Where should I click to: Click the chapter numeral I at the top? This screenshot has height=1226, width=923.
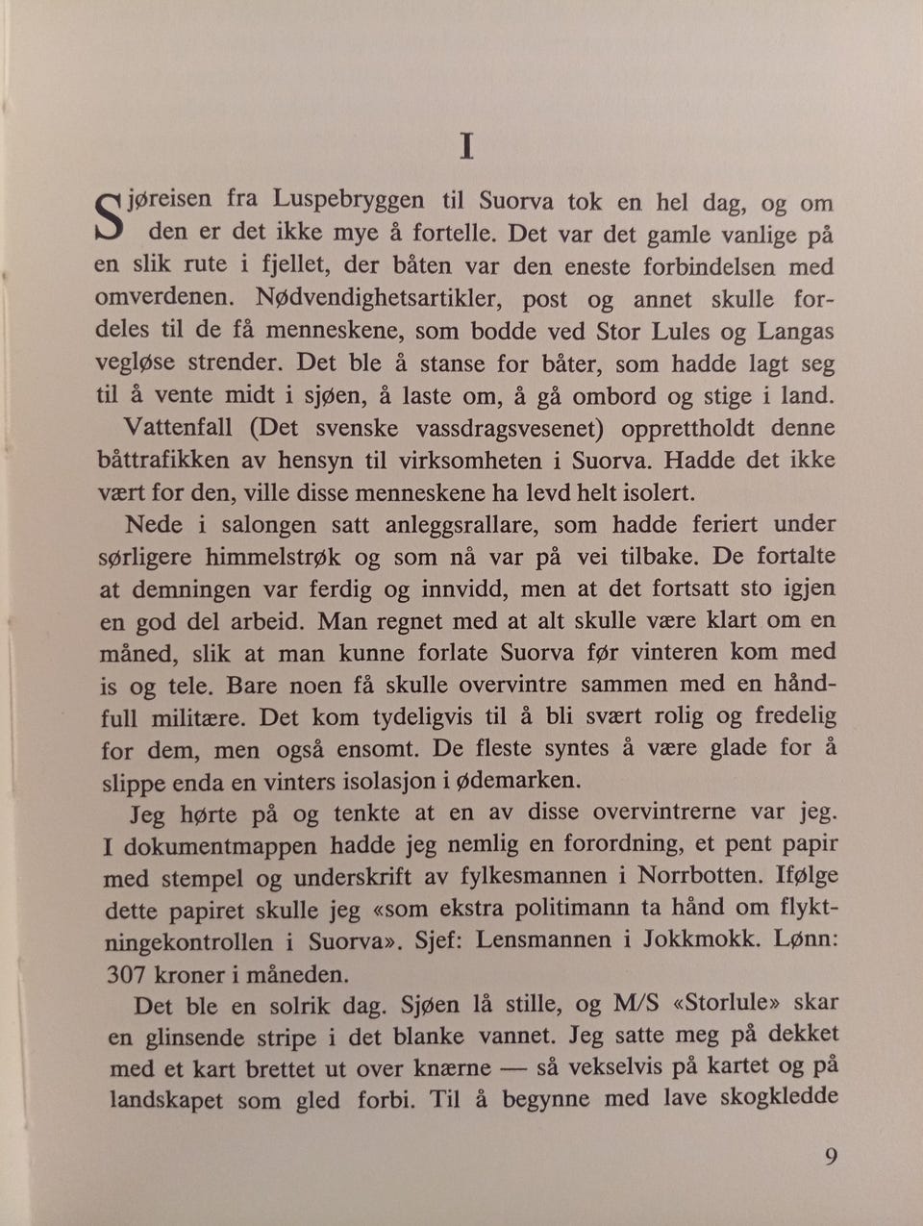pos(466,146)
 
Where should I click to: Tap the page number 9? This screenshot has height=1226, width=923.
pos(831,1156)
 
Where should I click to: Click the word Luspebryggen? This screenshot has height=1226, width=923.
pos(348,200)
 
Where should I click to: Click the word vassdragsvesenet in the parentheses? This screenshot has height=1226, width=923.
pos(520,427)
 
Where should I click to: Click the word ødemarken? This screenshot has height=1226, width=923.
pos(519,780)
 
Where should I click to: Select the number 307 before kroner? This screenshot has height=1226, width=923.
pos(125,974)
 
